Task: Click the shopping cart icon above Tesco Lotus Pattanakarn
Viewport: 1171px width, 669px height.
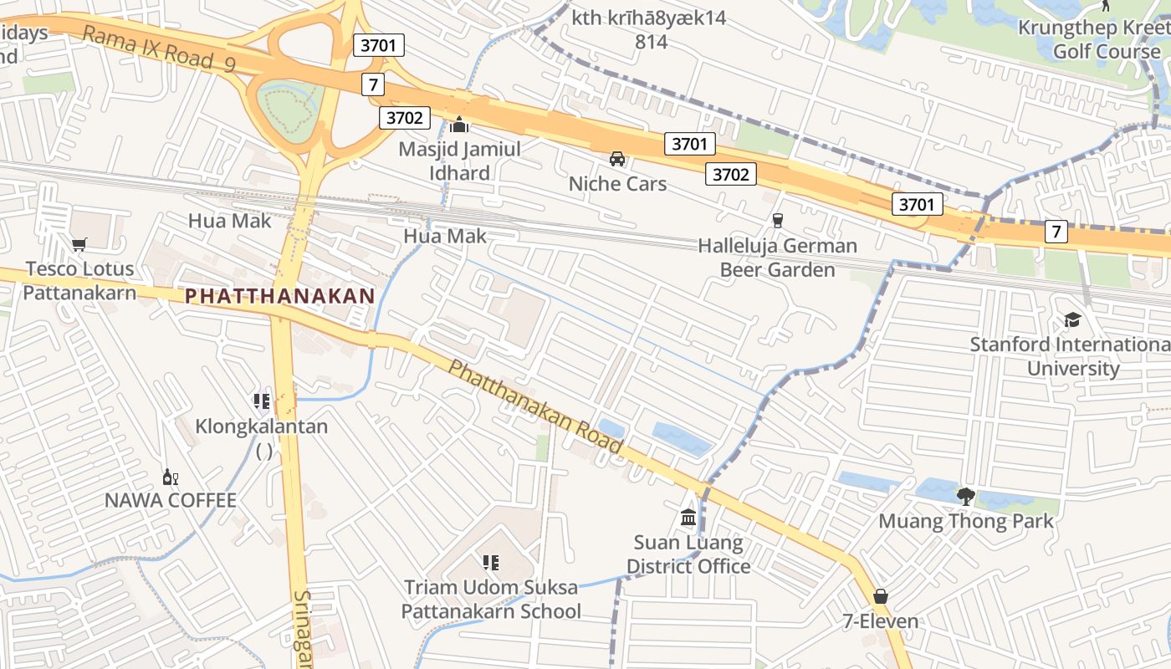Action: tap(79, 244)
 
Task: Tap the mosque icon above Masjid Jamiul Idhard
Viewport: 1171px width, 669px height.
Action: tap(459, 125)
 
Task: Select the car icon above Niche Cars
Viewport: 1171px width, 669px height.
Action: tap(617, 159)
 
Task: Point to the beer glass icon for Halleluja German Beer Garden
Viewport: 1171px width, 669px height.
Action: tap(778, 220)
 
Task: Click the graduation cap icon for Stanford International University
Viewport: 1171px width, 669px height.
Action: tap(1072, 319)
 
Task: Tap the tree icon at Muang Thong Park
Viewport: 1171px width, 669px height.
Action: tap(966, 496)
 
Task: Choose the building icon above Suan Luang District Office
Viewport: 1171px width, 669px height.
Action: tap(688, 518)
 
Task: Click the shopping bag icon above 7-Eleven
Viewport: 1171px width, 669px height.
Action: tap(880, 596)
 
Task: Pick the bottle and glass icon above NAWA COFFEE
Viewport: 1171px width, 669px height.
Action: tap(170, 477)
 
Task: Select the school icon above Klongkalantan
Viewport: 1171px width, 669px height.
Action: tap(262, 401)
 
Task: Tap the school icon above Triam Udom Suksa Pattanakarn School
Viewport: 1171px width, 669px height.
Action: tap(490, 563)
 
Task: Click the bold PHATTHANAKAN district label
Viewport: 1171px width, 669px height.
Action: tap(279, 296)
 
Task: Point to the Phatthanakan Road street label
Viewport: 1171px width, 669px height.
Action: tap(535, 406)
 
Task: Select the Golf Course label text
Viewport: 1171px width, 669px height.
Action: tap(1106, 51)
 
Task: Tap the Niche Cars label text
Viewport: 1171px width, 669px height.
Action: tap(617, 184)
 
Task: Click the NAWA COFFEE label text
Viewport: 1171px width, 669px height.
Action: tap(170, 500)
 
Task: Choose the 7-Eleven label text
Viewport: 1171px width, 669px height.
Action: tap(880, 621)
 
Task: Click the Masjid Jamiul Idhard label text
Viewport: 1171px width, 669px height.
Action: tap(459, 161)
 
